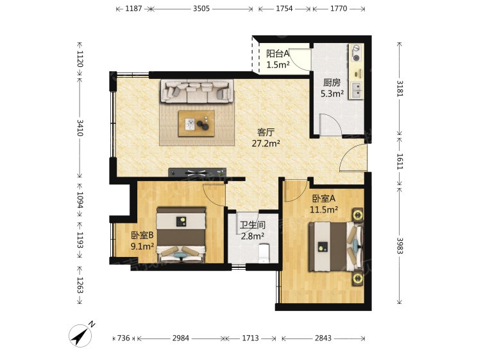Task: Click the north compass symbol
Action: click(x=80, y=335)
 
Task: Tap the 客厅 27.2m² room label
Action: click(x=266, y=137)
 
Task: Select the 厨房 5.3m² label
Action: click(x=332, y=88)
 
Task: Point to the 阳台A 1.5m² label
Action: click(x=278, y=59)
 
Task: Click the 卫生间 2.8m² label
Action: click(x=253, y=231)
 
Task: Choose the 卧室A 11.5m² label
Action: click(x=324, y=204)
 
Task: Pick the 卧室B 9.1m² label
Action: click(x=142, y=241)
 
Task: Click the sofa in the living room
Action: click(x=197, y=91)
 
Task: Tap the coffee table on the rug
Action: click(x=196, y=123)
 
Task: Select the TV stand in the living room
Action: click(x=197, y=172)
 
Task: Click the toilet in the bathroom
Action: click(x=264, y=253)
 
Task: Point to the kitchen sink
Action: click(x=356, y=91)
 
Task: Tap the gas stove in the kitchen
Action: click(x=356, y=53)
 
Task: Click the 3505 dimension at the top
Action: click(x=201, y=8)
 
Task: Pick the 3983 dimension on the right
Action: click(x=400, y=246)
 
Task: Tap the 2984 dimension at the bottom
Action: click(x=181, y=339)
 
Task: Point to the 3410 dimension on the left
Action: click(x=80, y=128)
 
